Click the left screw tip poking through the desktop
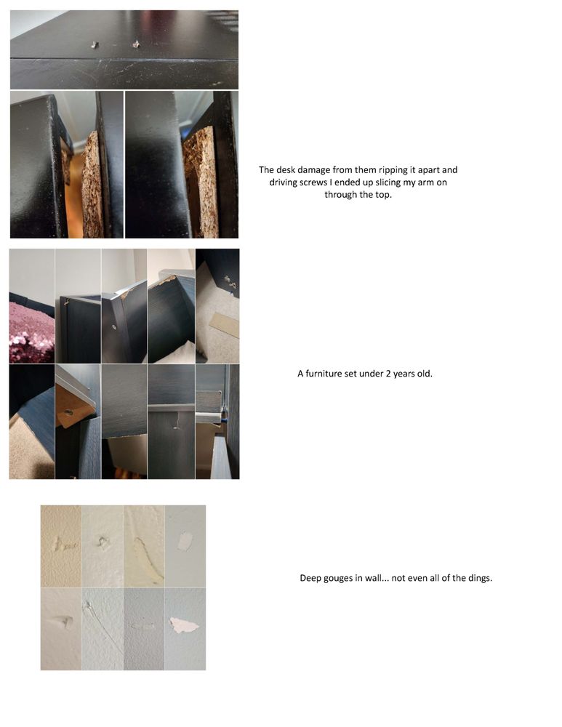click(95, 45)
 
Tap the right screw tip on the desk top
click(137, 44)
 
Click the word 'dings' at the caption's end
click(479, 578)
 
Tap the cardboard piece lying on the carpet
click(225, 324)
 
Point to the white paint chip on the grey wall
click(185, 542)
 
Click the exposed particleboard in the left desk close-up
click(92, 185)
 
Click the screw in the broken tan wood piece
click(68, 411)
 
